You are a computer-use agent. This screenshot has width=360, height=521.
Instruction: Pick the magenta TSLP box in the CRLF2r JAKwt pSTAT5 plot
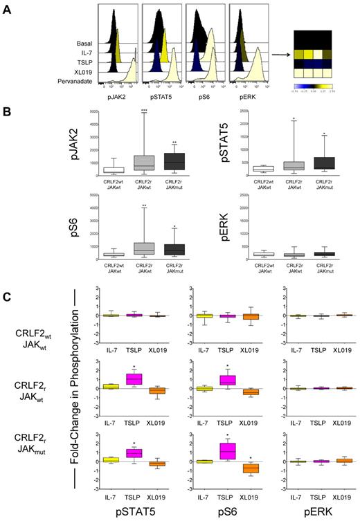[x=114, y=378]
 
